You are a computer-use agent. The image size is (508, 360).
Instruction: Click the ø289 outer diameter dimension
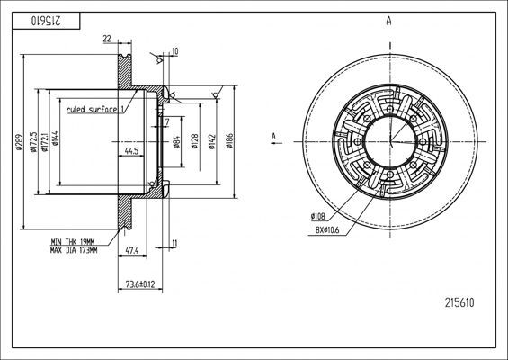[x=19, y=142]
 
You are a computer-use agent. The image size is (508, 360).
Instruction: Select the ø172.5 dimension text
[x=32, y=142]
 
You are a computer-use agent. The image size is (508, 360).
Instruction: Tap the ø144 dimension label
[x=56, y=139]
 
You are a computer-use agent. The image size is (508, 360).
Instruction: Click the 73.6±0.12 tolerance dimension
[x=140, y=284]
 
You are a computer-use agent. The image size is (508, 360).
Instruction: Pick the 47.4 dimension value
[x=132, y=250]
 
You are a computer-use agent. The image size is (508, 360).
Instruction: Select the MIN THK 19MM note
[x=73, y=242]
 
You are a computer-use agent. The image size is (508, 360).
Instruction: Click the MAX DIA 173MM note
[x=74, y=250]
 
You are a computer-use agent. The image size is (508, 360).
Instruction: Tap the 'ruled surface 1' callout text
[x=95, y=110]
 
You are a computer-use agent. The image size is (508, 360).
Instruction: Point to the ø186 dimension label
[x=229, y=140]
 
